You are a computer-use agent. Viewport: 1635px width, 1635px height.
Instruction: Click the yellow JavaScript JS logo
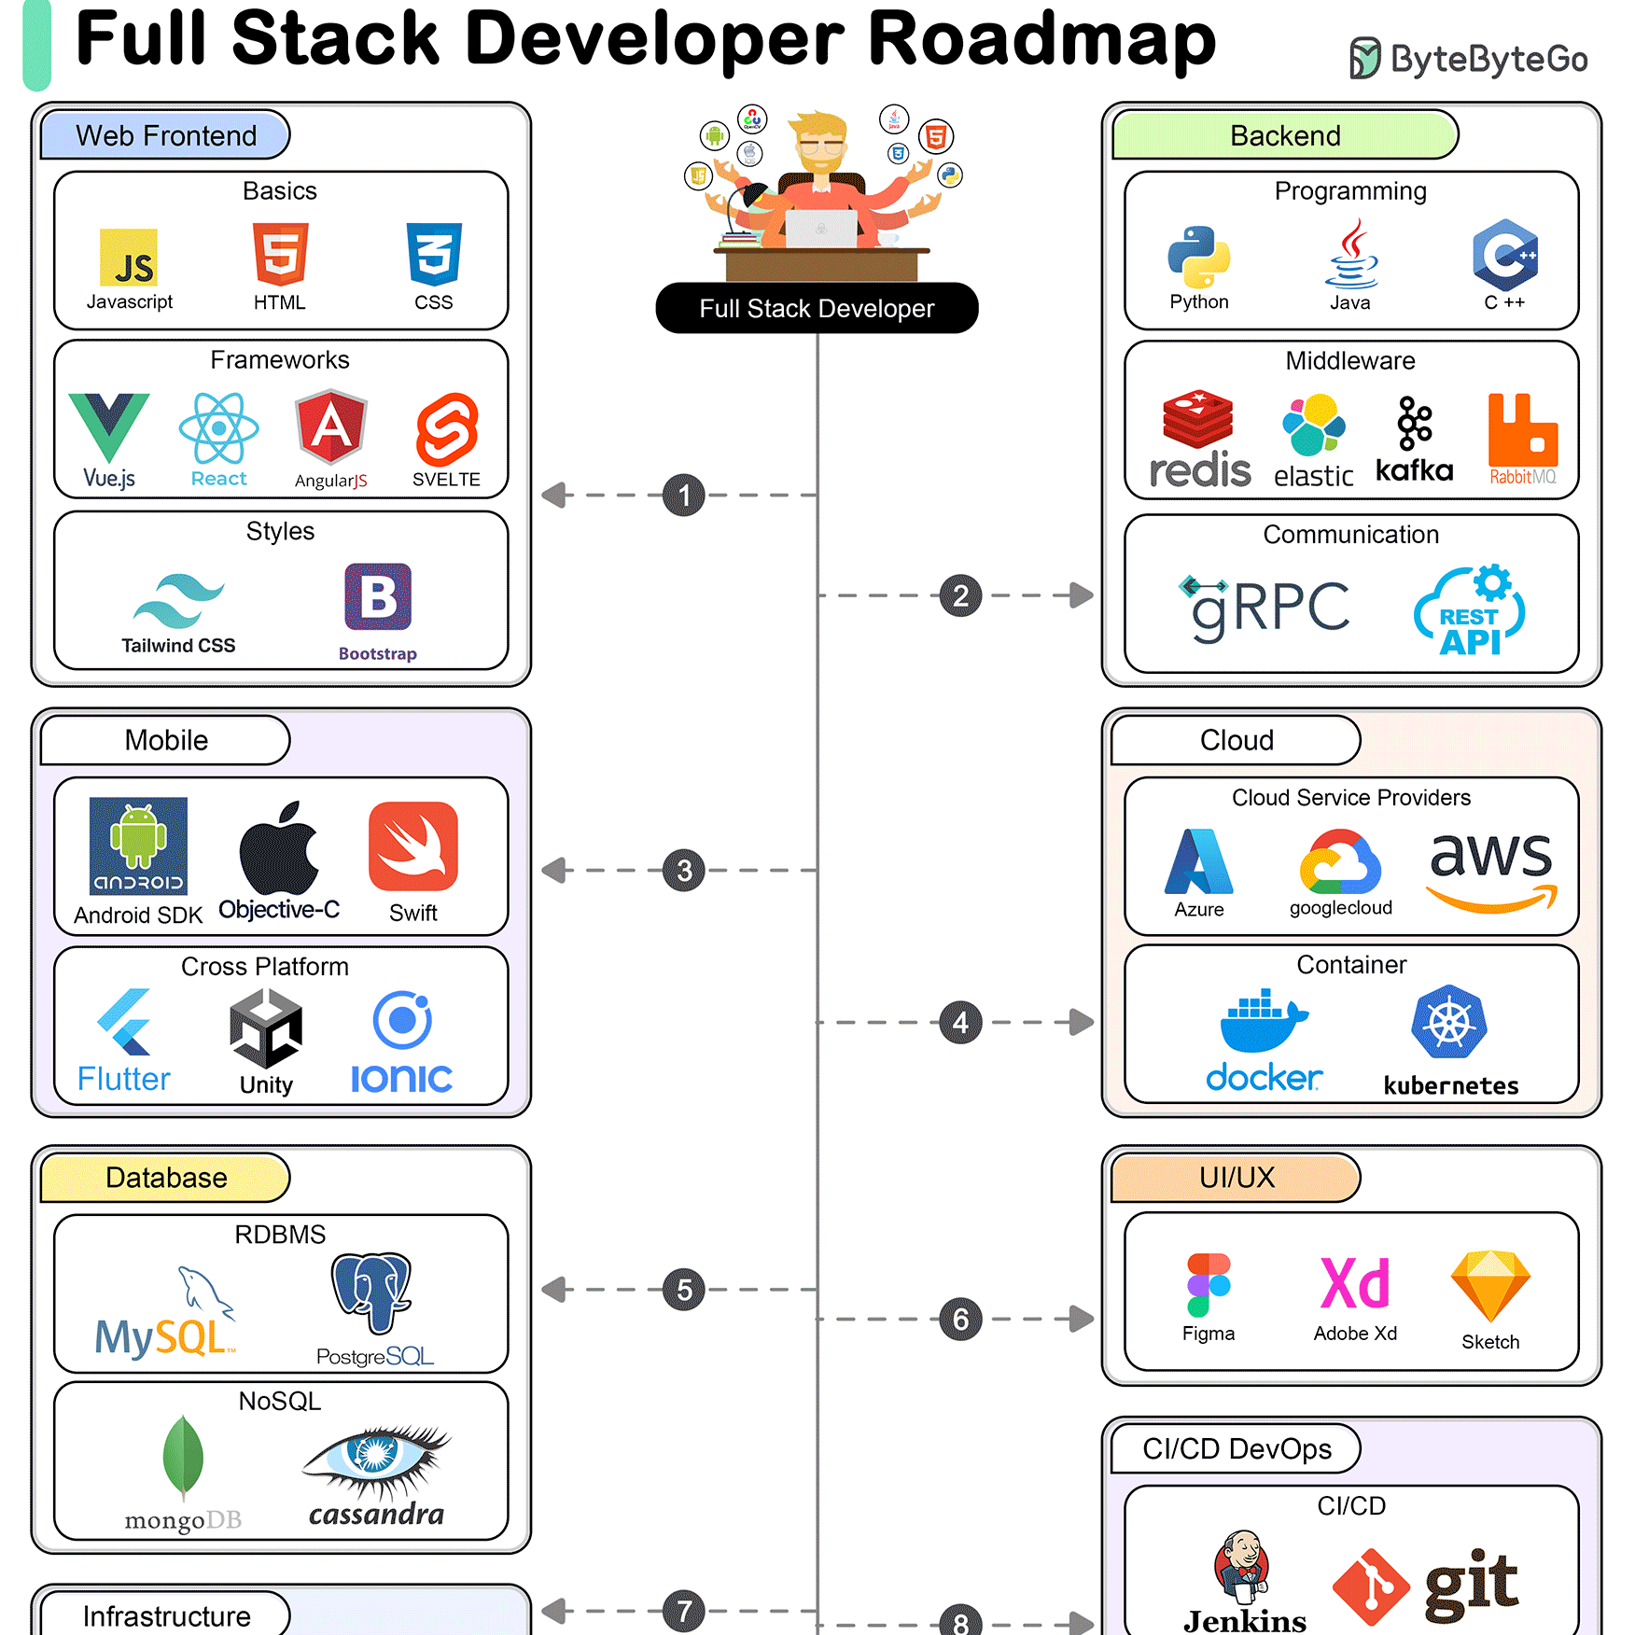(x=129, y=258)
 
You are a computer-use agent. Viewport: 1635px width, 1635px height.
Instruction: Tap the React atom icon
(x=218, y=428)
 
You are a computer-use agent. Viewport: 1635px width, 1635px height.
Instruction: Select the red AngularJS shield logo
(x=331, y=426)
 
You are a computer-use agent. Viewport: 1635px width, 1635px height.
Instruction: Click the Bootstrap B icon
(x=378, y=597)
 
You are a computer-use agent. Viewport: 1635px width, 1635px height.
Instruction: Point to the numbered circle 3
(x=684, y=871)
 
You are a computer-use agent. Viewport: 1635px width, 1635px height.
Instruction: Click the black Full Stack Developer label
(x=817, y=308)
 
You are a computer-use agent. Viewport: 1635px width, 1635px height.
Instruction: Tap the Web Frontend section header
(x=166, y=135)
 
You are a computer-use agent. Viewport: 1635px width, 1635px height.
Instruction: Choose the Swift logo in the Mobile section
(x=413, y=846)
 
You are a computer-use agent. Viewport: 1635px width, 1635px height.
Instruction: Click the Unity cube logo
(x=266, y=1027)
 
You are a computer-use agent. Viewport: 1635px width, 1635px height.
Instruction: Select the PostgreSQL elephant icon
(x=371, y=1293)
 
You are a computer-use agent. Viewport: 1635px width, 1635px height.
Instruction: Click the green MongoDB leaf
(x=183, y=1457)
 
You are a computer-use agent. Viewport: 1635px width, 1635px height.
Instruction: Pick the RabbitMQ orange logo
(x=1523, y=429)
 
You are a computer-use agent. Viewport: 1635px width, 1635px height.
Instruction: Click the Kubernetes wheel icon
(x=1449, y=1022)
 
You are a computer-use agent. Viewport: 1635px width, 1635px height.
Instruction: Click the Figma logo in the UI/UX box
(x=1209, y=1285)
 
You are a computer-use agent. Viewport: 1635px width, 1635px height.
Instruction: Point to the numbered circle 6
(x=961, y=1320)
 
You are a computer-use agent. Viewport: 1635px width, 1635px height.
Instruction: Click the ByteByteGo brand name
(x=1489, y=59)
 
